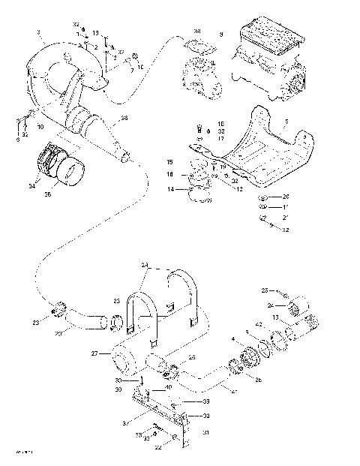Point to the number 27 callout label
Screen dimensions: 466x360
click(x=95, y=352)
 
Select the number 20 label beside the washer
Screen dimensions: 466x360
click(x=286, y=197)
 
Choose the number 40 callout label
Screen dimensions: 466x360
click(x=169, y=387)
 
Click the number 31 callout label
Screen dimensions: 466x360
click(x=207, y=431)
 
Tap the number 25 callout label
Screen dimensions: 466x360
click(x=264, y=290)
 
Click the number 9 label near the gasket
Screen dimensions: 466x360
click(x=221, y=35)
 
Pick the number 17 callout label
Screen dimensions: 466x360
click(x=220, y=138)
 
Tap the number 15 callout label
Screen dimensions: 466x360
click(x=170, y=161)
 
